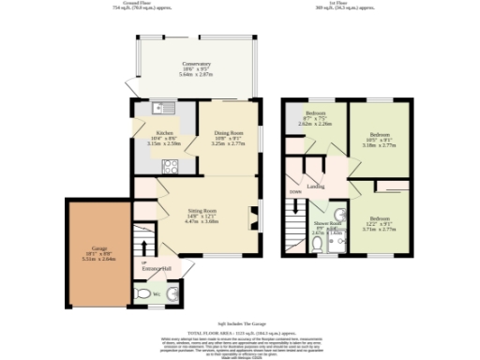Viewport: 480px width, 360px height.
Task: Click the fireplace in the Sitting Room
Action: click(x=252, y=216)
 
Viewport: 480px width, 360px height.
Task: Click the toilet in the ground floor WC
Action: click(x=143, y=292)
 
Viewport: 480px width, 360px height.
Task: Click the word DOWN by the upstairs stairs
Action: click(x=295, y=191)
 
